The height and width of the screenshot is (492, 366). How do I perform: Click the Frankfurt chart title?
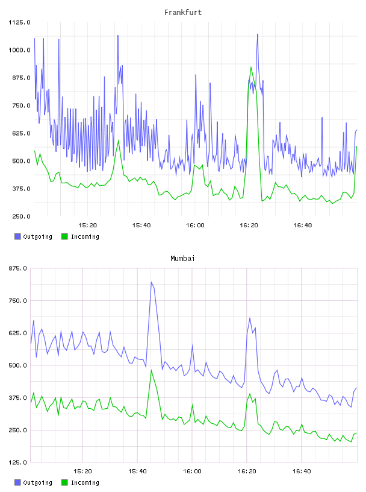coord(183,12)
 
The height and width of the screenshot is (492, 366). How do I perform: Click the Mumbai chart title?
coord(182,258)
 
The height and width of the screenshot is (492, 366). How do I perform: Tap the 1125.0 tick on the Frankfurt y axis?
coord(19,22)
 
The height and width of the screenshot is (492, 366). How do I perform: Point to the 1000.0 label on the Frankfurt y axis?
coord(19,50)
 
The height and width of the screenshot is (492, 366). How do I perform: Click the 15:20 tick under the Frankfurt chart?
coord(87,225)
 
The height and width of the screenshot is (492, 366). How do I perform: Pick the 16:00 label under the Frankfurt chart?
coord(195,225)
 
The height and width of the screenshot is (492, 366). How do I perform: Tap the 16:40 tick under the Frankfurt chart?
coord(302,225)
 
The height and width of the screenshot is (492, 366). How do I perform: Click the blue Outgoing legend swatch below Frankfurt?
coord(17,236)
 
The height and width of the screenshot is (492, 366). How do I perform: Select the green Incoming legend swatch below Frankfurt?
coord(64,236)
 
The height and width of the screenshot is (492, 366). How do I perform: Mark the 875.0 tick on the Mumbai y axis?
coord(17,268)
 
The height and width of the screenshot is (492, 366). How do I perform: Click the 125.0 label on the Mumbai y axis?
coord(17,462)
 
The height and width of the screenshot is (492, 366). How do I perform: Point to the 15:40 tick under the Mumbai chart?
coord(137,471)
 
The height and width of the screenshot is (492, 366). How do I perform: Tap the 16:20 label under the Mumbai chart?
coord(247,471)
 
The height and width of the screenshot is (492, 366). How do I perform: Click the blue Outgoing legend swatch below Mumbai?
coord(17,482)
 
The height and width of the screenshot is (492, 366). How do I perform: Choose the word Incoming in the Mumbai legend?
coord(85,482)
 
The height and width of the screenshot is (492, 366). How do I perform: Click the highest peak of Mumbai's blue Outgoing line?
coord(151,282)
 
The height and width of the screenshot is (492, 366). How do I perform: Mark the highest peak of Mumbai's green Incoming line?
coord(151,370)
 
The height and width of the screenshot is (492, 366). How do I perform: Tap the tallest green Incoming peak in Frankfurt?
coord(251,67)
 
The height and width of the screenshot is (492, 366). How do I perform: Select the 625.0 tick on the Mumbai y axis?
coord(17,333)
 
